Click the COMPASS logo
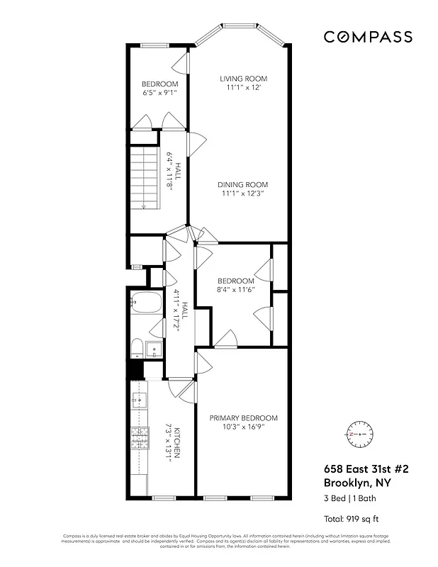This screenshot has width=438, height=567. pyautogui.click(x=368, y=37)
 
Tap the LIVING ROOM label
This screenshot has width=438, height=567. pyautogui.click(x=243, y=79)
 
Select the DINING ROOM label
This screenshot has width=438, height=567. pyautogui.click(x=244, y=185)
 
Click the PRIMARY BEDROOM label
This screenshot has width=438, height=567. pyautogui.click(x=243, y=418)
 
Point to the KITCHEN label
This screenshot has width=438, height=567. pyautogui.click(x=179, y=444)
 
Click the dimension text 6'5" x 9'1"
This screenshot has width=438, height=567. pyautogui.click(x=159, y=93)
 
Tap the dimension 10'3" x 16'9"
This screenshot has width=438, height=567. pyautogui.click(x=243, y=427)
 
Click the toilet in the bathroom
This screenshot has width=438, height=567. pyautogui.click(x=137, y=347)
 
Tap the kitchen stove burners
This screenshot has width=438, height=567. pyautogui.click(x=139, y=439)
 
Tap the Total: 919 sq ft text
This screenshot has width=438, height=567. pyautogui.click(x=352, y=518)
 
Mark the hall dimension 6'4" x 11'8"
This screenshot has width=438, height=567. pyautogui.click(x=170, y=174)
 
